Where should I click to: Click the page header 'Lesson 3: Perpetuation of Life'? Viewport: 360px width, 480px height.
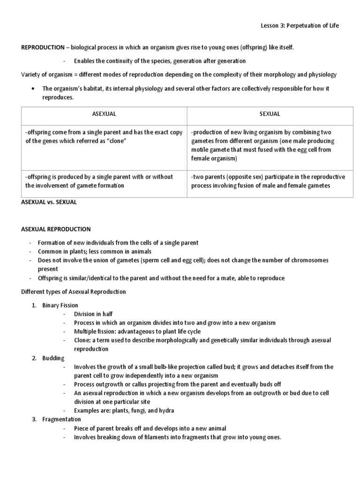tap(299, 26)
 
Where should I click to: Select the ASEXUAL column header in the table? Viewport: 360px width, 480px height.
tap(105, 114)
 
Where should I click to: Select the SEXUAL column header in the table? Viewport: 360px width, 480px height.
tap(270, 114)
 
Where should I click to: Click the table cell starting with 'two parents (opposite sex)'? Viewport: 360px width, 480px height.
tap(268, 181)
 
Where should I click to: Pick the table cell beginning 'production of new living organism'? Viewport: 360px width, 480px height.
tap(268, 145)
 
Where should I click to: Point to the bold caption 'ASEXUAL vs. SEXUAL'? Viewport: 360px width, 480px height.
tap(49, 202)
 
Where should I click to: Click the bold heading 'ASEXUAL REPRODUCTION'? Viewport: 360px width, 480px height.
tap(56, 229)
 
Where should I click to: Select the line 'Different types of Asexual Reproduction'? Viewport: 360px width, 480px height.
tap(74, 292)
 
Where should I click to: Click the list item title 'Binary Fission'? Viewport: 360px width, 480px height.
tap(60, 305)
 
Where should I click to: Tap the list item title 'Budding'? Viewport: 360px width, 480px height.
tap(53, 358)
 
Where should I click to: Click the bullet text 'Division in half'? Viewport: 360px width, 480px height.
tap(93, 314)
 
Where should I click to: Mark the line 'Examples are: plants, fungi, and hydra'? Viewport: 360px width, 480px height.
tap(124, 411)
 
